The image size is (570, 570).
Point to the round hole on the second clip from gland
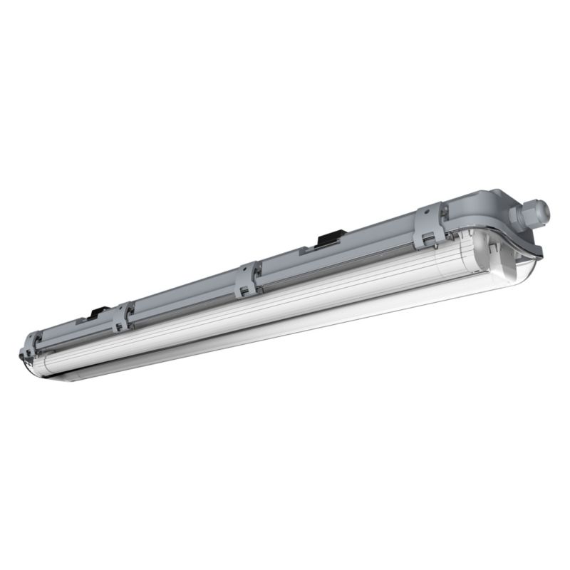click(244, 271)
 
